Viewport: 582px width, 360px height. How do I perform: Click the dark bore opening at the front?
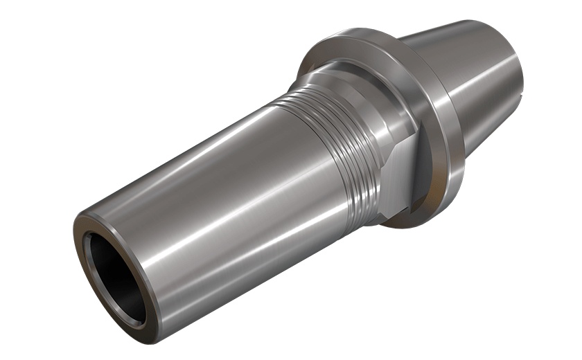(x=111, y=273)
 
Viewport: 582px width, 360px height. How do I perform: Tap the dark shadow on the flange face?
(x=443, y=159)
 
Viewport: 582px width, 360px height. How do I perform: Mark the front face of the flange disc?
(x=430, y=104)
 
